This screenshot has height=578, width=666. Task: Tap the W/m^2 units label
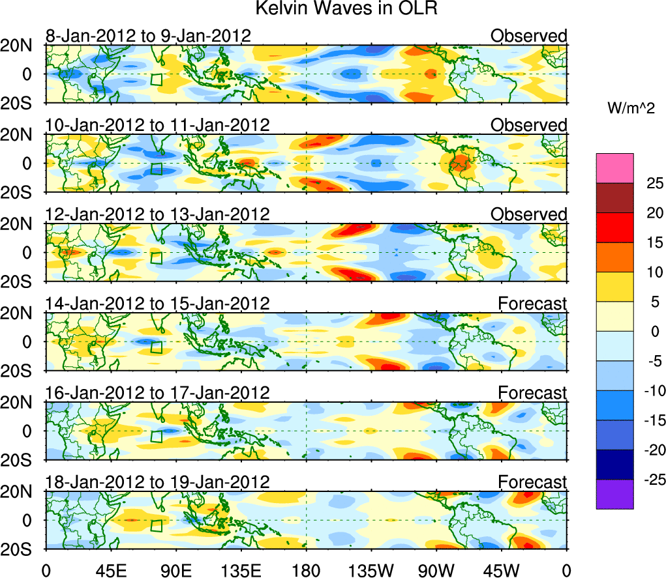tap(631, 109)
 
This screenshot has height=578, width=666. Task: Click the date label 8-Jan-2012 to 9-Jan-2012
tap(147, 36)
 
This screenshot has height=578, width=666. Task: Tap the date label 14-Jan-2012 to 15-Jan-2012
tap(157, 303)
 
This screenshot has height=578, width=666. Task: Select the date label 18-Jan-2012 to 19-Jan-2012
tap(157, 482)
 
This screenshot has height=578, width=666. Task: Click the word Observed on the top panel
tap(529, 36)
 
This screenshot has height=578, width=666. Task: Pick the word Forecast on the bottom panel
tap(532, 482)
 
